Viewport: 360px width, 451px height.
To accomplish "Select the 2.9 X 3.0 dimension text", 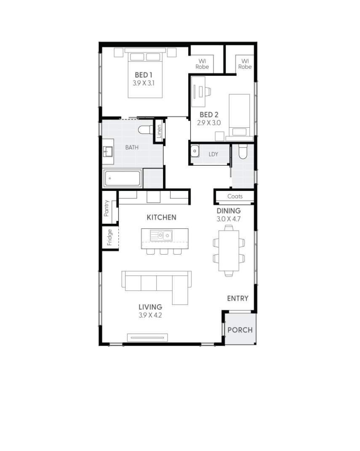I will coord(209,123).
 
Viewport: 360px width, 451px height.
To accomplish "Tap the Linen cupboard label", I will coord(159,132).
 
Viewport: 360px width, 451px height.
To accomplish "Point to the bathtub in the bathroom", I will coord(123,179).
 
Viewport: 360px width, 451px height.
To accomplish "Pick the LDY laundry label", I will coord(213,154).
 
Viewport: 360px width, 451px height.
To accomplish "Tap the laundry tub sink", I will coord(195,151).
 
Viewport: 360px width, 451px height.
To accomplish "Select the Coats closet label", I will coord(235,196).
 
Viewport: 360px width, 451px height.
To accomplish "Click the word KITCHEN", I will coord(161,217).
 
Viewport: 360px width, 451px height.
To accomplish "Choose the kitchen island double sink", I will coord(162,235).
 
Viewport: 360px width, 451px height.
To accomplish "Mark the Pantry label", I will coord(107,208).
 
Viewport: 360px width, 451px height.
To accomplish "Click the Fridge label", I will coord(109,237).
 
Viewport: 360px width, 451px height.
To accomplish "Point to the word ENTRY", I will coord(237,298).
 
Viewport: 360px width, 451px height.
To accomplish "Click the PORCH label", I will coord(240,330).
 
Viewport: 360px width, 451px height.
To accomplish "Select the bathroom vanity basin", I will coord(108,151).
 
